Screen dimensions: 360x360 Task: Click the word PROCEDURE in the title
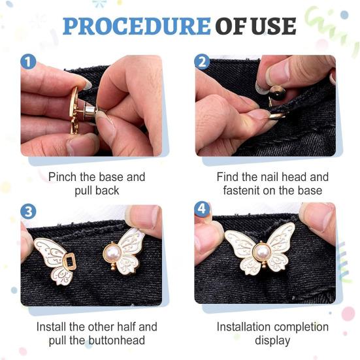[x=137, y=26]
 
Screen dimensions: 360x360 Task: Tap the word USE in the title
[x=274, y=26]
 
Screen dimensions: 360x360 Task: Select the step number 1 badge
[x=28, y=61]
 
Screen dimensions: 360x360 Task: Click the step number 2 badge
[x=202, y=61]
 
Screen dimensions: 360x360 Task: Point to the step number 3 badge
[x=28, y=211]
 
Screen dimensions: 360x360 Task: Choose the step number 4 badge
[x=202, y=209]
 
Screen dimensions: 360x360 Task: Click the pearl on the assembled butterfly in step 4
[x=263, y=252]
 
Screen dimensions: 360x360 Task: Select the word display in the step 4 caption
[x=272, y=340]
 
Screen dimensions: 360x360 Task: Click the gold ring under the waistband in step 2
[x=276, y=116]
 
